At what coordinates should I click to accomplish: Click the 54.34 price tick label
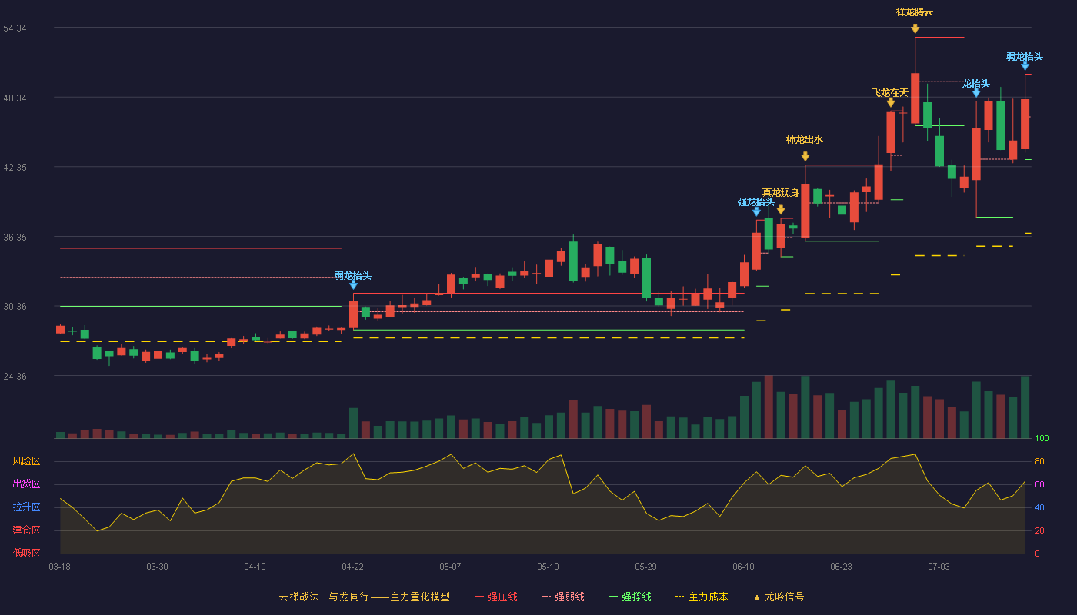click(15, 28)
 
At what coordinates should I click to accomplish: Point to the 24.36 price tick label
click(15, 376)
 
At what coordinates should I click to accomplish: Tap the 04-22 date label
click(352, 567)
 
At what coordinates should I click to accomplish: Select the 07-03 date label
click(939, 567)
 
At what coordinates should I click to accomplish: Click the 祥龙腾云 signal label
click(915, 12)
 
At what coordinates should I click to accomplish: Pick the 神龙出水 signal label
click(805, 140)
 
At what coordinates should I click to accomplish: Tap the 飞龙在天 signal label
click(890, 93)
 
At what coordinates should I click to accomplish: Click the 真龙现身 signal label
click(780, 193)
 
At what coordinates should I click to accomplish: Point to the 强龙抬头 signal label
click(755, 201)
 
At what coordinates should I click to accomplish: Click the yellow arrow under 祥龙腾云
click(915, 29)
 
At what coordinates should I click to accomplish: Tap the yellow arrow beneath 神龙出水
click(805, 156)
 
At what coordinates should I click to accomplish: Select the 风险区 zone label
click(26, 461)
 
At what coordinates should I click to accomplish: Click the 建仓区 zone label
click(26, 530)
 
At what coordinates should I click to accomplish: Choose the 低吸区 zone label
click(26, 553)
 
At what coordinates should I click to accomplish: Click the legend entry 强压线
click(497, 597)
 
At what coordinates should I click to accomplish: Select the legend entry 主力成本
click(702, 597)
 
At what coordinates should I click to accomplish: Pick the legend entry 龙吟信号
click(779, 597)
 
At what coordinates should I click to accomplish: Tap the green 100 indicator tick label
click(1042, 438)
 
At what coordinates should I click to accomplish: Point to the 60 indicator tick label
click(1039, 484)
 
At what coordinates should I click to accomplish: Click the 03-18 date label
click(60, 567)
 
